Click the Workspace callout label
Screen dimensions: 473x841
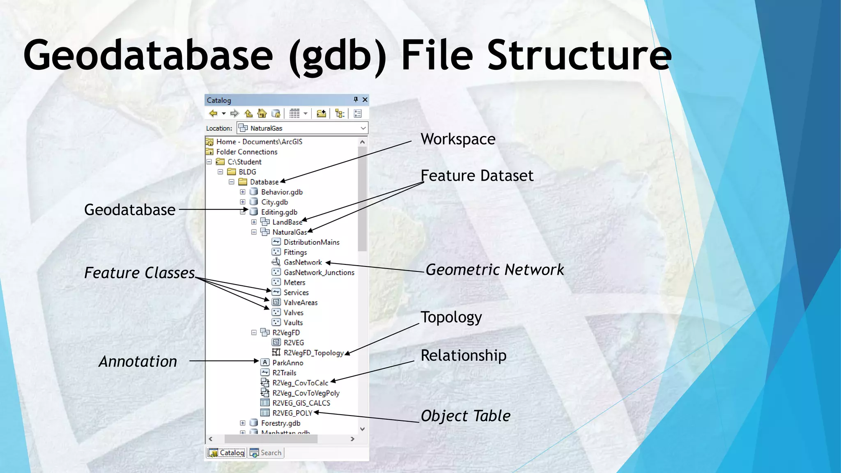click(x=458, y=139)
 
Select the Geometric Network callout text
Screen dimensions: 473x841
click(x=494, y=270)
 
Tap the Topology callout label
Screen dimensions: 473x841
click(x=451, y=317)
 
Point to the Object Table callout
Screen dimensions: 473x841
click(x=465, y=416)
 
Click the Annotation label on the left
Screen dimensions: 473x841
click(x=138, y=361)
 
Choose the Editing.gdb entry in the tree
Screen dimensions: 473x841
click(x=279, y=212)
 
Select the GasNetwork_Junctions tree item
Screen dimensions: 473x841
click(x=319, y=273)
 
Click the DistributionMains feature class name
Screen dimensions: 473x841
click(x=311, y=242)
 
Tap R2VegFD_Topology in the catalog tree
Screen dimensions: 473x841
click(x=313, y=353)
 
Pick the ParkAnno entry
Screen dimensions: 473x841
click(x=287, y=363)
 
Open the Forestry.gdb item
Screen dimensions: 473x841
click(x=280, y=423)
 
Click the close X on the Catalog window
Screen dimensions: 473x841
click(x=365, y=100)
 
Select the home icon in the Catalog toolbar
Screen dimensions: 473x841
click(x=262, y=113)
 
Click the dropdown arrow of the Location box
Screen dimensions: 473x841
click(x=363, y=128)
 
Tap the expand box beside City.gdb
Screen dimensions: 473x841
click(x=243, y=202)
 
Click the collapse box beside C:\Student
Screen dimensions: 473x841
click(x=209, y=162)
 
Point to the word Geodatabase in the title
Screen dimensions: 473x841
click(x=148, y=55)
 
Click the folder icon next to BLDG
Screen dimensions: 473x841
click(x=232, y=172)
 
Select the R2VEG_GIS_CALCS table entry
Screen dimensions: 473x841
click(x=301, y=403)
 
